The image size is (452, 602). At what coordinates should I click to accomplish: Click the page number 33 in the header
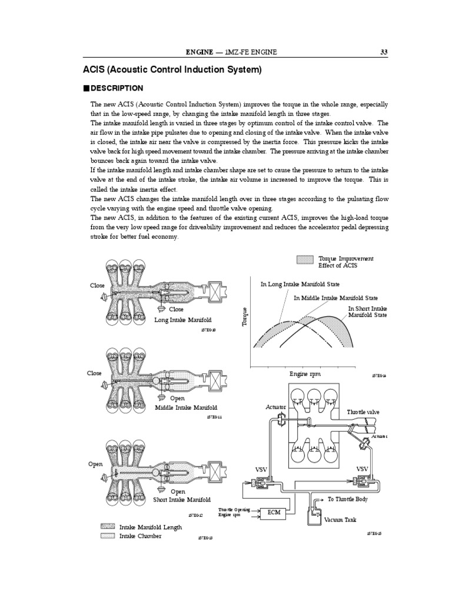[383, 52]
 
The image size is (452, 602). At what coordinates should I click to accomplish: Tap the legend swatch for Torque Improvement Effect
[305, 259]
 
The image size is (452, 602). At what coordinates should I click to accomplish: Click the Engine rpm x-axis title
[305, 374]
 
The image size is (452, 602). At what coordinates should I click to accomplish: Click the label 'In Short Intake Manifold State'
[367, 312]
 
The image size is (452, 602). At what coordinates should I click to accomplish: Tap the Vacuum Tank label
[340, 520]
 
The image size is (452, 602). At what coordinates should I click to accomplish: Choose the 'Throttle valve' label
[363, 412]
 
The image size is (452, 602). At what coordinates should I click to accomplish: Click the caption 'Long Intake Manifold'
[182, 320]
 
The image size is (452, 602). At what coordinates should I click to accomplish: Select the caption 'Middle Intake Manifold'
[186, 407]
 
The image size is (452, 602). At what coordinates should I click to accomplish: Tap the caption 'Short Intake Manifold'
[182, 500]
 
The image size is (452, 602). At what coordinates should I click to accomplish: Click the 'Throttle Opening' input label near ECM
[234, 510]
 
